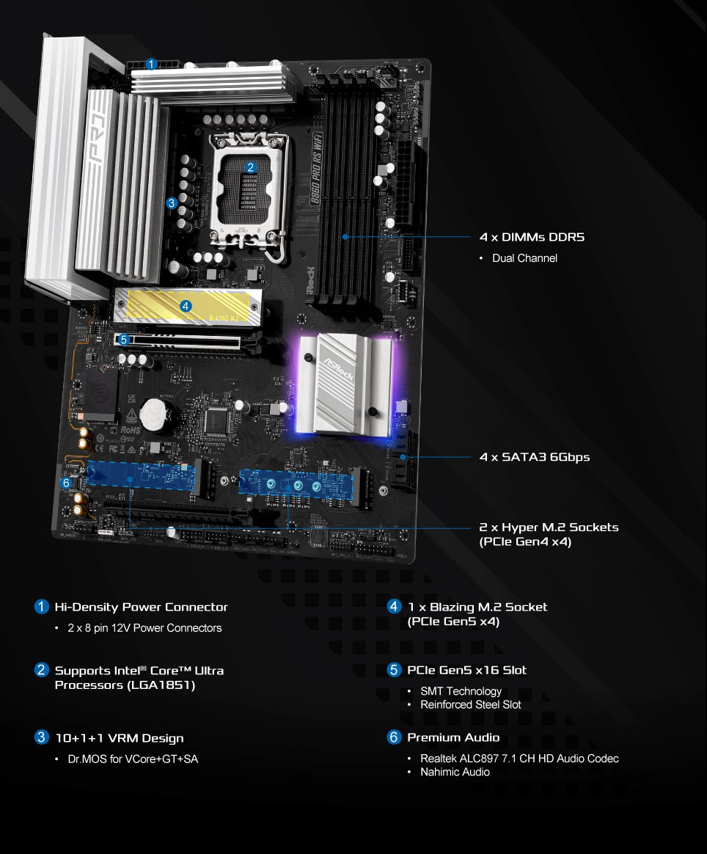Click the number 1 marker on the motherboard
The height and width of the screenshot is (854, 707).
point(150,64)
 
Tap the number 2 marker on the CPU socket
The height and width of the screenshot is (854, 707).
point(251,167)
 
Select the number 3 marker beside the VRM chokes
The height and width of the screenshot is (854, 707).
point(172,202)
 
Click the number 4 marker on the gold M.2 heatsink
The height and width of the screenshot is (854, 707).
point(186,306)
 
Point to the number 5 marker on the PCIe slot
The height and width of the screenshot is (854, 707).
point(123,340)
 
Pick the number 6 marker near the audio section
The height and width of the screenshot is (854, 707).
point(67,483)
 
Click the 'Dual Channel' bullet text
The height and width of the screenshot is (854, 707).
point(524,258)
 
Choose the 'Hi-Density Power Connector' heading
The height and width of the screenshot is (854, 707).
point(141,607)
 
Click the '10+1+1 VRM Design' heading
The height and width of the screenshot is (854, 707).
point(119,738)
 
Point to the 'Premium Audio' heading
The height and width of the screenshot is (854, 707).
point(453,738)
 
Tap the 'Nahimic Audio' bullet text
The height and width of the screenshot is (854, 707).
point(455,772)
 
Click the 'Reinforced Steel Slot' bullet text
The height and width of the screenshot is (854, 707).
point(470,704)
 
